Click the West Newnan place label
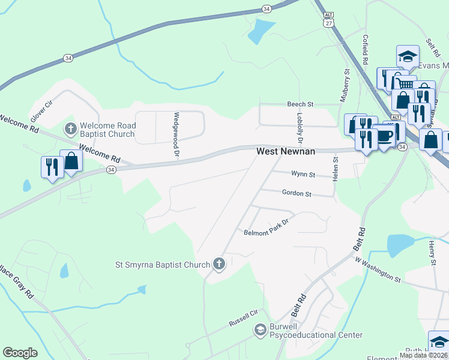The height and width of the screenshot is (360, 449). coord(286,152)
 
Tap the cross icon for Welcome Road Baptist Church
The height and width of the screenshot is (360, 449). coord(70,128)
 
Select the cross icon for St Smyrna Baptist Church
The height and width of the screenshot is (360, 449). coord(219,264)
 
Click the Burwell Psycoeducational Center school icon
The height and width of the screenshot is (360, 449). coord(260,329)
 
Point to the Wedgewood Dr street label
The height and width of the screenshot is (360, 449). coord(177,127)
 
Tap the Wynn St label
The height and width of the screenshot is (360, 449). coord(303,175)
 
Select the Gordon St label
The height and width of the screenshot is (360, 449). coord(297,194)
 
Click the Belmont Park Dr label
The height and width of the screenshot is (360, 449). coord(266,227)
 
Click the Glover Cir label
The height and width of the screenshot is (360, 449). coord(38,109)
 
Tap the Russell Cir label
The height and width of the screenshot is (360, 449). coord(243,318)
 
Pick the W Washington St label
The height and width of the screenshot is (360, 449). coord(377,269)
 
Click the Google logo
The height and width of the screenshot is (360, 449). coord(20,353)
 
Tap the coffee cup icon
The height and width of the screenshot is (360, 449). coord(384,136)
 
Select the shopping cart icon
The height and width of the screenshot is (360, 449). coord(405,85)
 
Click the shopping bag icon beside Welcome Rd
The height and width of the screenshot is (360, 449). coord(71,161)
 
